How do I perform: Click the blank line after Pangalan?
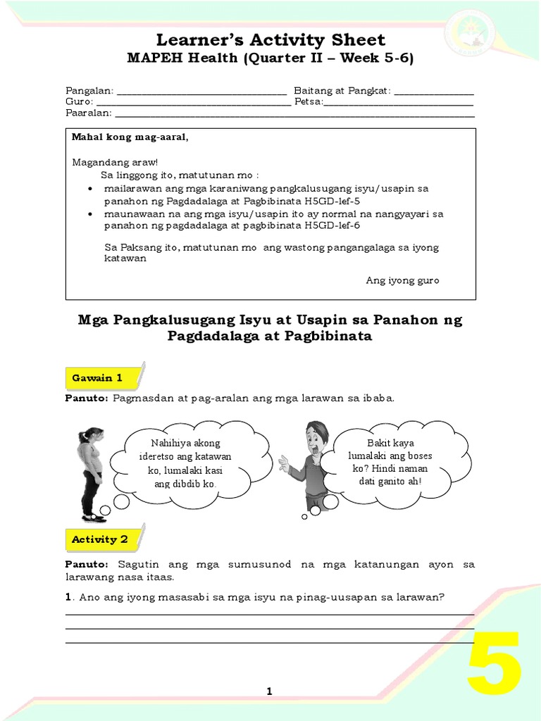(x=201, y=92)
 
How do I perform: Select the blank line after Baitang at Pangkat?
(x=434, y=92)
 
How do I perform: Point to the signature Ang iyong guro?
(x=402, y=280)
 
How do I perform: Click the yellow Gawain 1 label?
(x=97, y=378)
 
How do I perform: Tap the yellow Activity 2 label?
(x=99, y=539)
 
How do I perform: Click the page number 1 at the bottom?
(x=269, y=692)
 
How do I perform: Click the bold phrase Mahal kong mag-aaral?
(x=130, y=137)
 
